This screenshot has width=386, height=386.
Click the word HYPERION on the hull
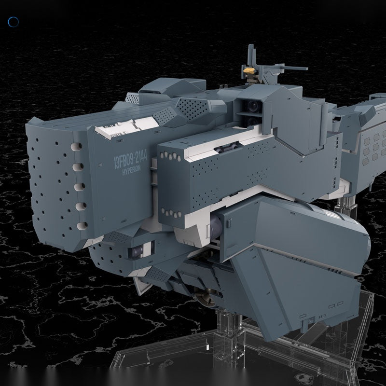click(131, 170)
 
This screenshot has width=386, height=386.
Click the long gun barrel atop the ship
click(291, 67)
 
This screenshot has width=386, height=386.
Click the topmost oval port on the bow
click(76, 147)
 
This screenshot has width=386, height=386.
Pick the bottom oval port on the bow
click(82, 226)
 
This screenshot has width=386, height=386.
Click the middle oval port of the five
click(79, 187)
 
